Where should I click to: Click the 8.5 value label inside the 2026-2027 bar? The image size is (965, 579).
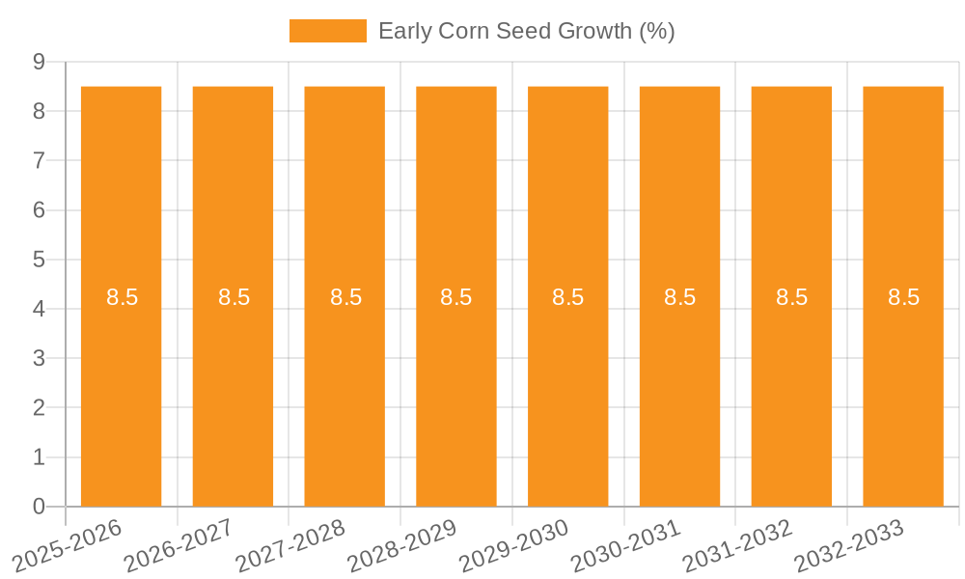[234, 297]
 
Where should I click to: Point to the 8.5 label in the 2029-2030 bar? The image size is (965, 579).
[568, 297]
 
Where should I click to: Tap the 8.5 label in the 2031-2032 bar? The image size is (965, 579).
[791, 297]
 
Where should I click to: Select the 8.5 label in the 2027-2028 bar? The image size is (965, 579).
[345, 297]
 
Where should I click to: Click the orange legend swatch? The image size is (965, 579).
[328, 31]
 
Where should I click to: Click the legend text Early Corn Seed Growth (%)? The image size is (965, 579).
[526, 31]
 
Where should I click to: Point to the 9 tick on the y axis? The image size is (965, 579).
[40, 62]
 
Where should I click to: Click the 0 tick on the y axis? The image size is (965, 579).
[40, 507]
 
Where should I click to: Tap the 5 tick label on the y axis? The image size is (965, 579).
[40, 260]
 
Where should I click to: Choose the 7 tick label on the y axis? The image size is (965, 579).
[40, 160]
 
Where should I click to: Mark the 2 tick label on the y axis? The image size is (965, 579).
[40, 408]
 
